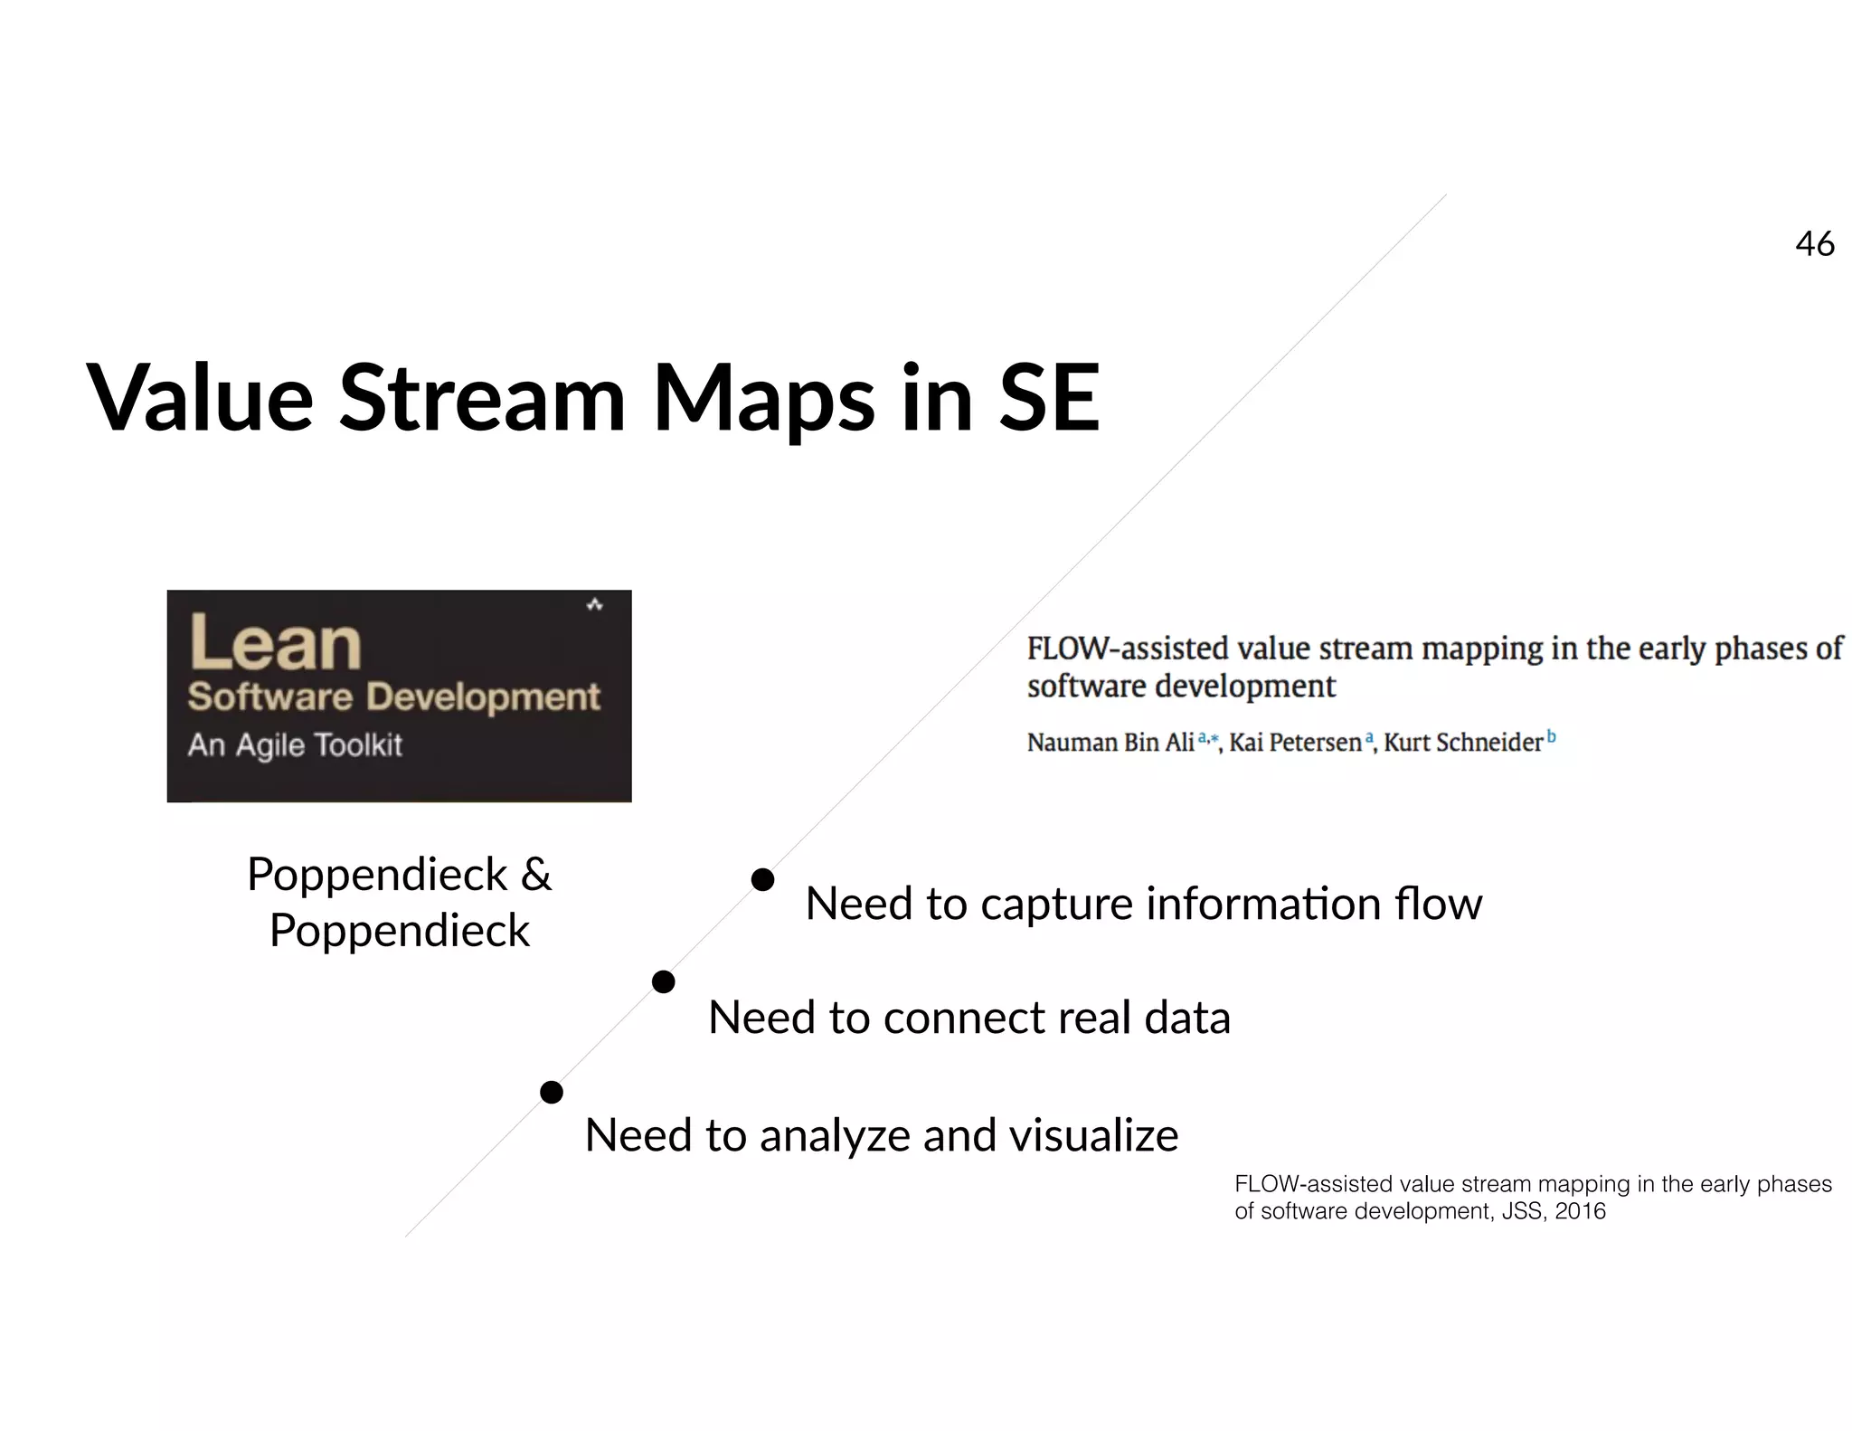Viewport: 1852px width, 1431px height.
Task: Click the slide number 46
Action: click(x=1814, y=244)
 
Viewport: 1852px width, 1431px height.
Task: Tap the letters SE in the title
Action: click(x=1049, y=398)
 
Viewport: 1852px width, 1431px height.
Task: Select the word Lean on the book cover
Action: click(x=275, y=643)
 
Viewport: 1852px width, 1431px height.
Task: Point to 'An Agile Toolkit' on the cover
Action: click(x=295, y=744)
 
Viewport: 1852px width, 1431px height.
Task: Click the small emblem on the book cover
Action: click(x=594, y=604)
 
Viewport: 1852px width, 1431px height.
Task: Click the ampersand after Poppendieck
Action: click(x=535, y=875)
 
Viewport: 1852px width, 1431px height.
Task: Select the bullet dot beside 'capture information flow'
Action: click(x=763, y=879)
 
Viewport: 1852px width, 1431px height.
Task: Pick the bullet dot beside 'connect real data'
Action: click(x=664, y=981)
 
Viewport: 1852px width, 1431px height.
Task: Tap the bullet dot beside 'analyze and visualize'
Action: click(x=552, y=1093)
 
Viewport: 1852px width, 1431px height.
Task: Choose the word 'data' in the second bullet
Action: click(x=1186, y=1018)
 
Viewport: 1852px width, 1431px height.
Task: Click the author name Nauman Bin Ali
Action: click(x=1110, y=743)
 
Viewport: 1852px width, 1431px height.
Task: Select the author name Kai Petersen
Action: click(x=1295, y=743)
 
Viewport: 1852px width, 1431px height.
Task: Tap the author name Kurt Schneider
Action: click(x=1462, y=743)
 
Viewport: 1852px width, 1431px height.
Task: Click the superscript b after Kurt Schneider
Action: click(x=1551, y=736)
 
